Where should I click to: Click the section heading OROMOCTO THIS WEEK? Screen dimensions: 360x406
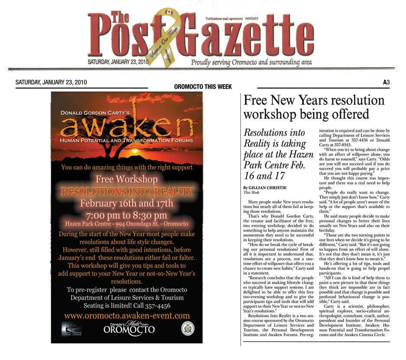203,87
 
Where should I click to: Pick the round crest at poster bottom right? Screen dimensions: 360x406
187,328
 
